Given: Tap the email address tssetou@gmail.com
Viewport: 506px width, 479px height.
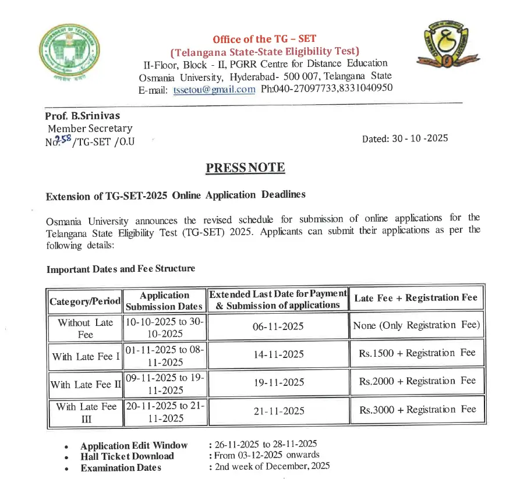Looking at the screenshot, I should tap(214, 89).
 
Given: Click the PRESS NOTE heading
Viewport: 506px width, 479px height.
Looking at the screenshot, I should tap(245, 168).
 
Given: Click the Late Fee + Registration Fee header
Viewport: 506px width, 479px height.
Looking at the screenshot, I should tap(415, 298).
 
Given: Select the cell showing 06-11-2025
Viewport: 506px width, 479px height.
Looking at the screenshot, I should tap(278, 327).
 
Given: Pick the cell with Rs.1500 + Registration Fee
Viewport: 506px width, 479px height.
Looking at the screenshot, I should tap(417, 353).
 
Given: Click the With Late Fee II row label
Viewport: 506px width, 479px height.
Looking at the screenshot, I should tap(84, 384).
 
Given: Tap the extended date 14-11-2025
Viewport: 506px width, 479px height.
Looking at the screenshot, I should tap(278, 354).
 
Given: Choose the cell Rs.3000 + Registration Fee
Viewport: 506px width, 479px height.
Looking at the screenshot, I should tap(417, 409).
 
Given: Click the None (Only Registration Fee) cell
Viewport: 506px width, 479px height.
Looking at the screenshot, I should tap(417, 325).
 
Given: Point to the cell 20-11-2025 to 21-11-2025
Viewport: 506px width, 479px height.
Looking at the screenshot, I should tap(164, 412).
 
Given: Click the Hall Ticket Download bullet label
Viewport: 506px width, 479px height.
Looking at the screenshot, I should tap(127, 456).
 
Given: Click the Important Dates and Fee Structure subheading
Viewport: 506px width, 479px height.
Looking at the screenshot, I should tap(121, 268).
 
